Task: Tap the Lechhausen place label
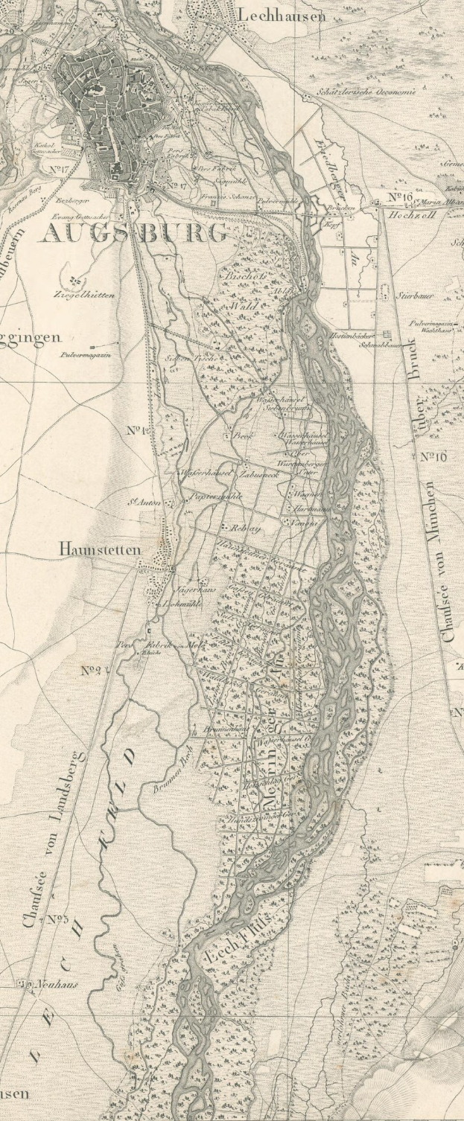[282, 15]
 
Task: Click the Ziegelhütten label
[84, 295]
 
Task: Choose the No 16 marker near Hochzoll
[401, 197]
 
